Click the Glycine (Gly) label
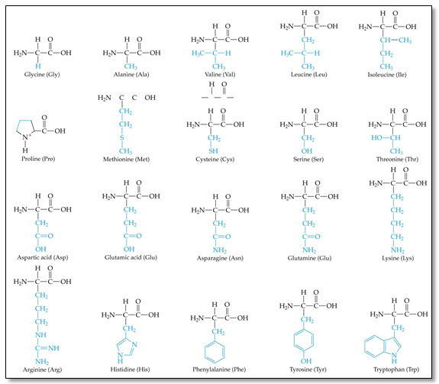point(42,75)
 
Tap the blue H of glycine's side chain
point(38,66)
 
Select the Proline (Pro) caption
point(38,159)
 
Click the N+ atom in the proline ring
point(27,137)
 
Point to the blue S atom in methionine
point(122,137)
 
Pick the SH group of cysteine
point(213,151)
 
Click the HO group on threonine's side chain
point(376,137)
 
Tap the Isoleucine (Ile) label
point(387,75)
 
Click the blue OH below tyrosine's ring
point(306,361)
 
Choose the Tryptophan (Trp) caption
point(396,369)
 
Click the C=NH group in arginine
point(47,348)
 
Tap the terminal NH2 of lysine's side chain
point(397,250)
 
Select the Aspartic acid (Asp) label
point(43,257)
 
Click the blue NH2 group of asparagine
point(220,250)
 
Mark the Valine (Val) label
point(220,75)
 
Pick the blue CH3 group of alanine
point(131,66)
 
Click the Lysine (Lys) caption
point(398,258)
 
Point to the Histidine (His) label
point(130,369)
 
